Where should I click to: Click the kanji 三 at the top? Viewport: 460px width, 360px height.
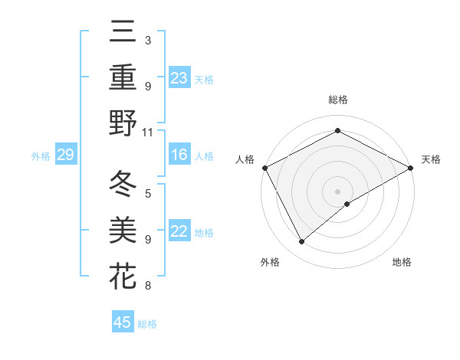(123, 33)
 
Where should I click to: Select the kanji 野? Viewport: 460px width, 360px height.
(123, 123)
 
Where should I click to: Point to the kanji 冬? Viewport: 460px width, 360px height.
(123, 185)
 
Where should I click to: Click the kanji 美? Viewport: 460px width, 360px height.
(123, 231)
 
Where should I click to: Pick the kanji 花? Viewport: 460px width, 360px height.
(123, 276)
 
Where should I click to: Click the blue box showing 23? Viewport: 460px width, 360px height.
(179, 77)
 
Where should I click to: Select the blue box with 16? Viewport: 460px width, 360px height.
(179, 155)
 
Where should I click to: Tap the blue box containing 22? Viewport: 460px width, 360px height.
(179, 231)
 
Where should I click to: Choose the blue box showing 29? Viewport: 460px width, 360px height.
(65, 155)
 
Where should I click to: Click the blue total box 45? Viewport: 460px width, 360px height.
(123, 322)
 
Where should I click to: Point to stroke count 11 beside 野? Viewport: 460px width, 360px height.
(148, 132)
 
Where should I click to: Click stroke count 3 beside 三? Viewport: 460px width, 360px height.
(148, 40)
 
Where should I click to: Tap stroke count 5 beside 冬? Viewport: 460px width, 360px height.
(148, 193)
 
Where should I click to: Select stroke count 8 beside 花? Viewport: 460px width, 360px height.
(148, 286)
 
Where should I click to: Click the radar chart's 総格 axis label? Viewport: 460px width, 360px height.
(337, 100)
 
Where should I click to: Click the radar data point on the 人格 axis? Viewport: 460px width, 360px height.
(264, 168)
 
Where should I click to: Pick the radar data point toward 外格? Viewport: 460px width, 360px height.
(302, 241)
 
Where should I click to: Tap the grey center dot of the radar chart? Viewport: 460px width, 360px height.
(337, 191)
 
